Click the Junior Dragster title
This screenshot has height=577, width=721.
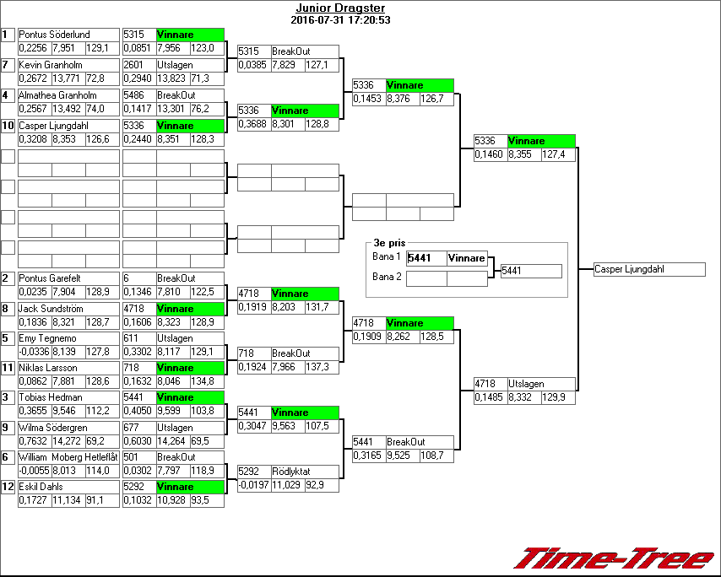pos(340,8)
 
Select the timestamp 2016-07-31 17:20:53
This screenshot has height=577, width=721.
pos(340,19)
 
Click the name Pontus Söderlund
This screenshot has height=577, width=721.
pos(54,35)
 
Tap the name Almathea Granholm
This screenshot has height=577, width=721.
pos(57,95)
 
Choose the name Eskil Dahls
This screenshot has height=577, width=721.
pos(41,487)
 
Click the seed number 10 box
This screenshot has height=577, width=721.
pos(8,126)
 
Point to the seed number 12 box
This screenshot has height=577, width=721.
pos(8,487)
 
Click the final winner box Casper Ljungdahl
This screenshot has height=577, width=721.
pos(648,270)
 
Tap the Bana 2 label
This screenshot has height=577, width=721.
pos(387,276)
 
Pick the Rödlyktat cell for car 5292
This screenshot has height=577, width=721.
pos(304,472)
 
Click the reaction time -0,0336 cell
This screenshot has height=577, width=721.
pos(35,351)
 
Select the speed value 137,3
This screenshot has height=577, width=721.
pos(322,367)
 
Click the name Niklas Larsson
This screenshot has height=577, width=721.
pos(48,368)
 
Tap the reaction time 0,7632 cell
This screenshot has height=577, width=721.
pos(35,441)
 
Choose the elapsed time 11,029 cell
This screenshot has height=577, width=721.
pos(288,485)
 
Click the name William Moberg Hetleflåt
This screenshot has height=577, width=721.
pos(68,457)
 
